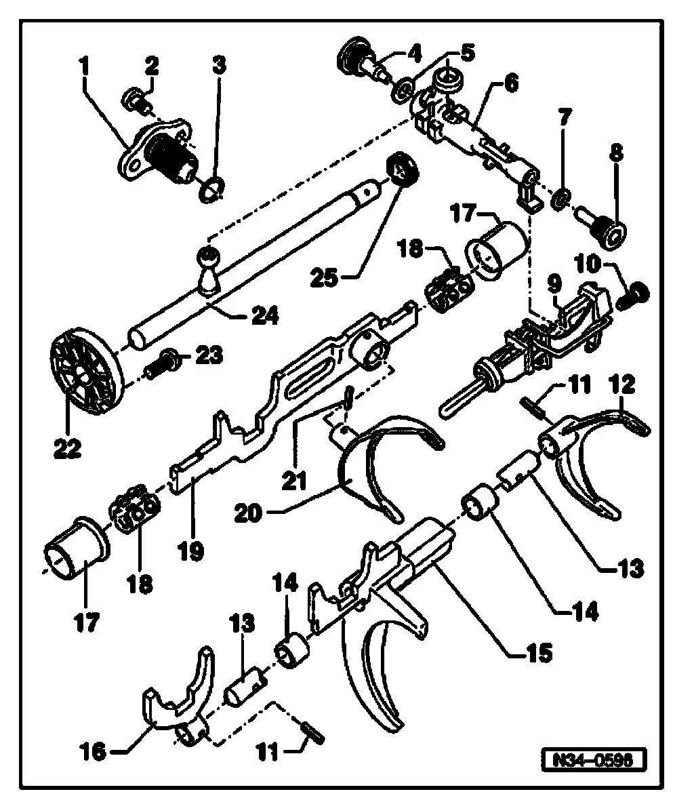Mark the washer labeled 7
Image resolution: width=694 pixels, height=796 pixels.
click(x=560, y=199)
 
